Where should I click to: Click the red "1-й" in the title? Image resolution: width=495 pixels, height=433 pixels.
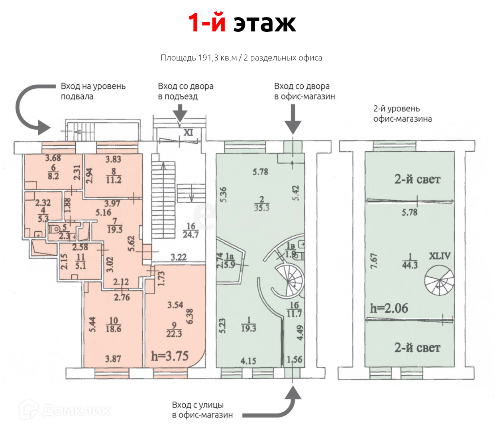pyautogui.click(x=206, y=23)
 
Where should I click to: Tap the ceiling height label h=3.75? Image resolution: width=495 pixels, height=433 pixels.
pyautogui.click(x=170, y=356)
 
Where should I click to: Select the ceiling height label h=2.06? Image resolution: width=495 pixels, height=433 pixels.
pyautogui.click(x=389, y=308)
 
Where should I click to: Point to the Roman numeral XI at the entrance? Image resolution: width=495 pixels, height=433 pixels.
pyautogui.click(x=188, y=132)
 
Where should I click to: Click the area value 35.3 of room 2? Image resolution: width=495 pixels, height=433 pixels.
pyautogui.click(x=262, y=208)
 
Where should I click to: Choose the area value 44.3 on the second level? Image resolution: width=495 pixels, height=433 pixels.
pyautogui.click(x=410, y=265)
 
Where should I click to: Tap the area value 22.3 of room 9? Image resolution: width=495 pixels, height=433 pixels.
pyautogui.click(x=174, y=334)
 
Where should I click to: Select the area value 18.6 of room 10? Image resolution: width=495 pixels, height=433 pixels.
pyautogui.click(x=114, y=329)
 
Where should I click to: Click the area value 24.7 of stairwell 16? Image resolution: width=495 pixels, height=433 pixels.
pyautogui.click(x=191, y=235)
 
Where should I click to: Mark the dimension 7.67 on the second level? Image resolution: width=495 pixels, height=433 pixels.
pyautogui.click(x=373, y=261)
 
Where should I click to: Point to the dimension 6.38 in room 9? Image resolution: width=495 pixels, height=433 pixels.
pyautogui.click(x=190, y=316)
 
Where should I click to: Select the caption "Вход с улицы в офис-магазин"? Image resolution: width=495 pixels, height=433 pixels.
pyautogui.click(x=202, y=410)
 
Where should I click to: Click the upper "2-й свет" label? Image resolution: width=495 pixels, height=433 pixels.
pyautogui.click(x=417, y=179)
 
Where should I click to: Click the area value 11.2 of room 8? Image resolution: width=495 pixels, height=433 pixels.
pyautogui.click(x=114, y=180)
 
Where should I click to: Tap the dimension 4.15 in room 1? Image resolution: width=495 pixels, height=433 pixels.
pyautogui.click(x=248, y=361)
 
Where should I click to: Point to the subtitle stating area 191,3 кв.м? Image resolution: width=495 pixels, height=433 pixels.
pyautogui.click(x=241, y=58)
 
